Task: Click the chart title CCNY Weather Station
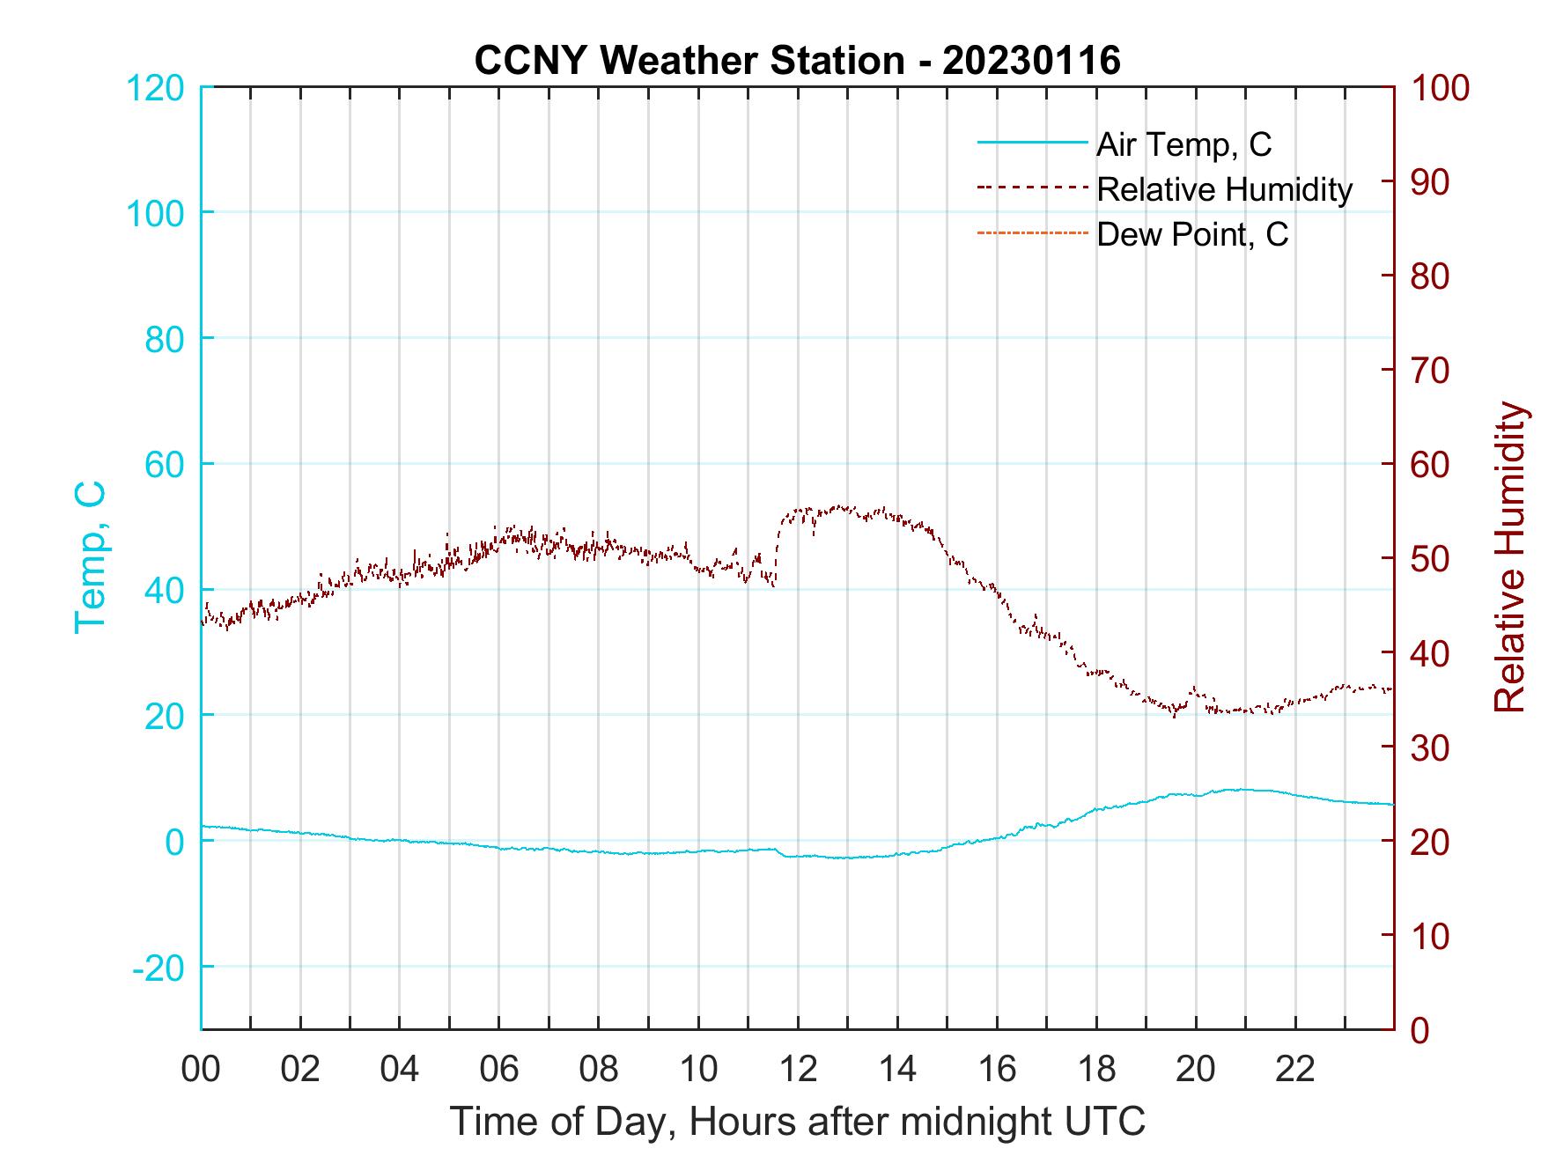coord(797,61)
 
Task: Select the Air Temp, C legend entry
coord(1183,144)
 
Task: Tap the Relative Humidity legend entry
coord(1224,189)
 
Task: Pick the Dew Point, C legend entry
coord(1192,235)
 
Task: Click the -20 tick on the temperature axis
coord(159,968)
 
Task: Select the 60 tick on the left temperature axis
coord(164,465)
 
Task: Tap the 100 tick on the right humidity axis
coord(1441,88)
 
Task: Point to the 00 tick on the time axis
coord(201,1070)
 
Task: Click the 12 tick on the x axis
coord(798,1070)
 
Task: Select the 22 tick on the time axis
coord(1295,1070)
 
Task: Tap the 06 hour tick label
coord(499,1070)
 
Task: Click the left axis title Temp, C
coord(90,556)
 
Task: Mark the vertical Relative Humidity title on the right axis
coord(1509,556)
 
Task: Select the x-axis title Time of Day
coord(798,1121)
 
